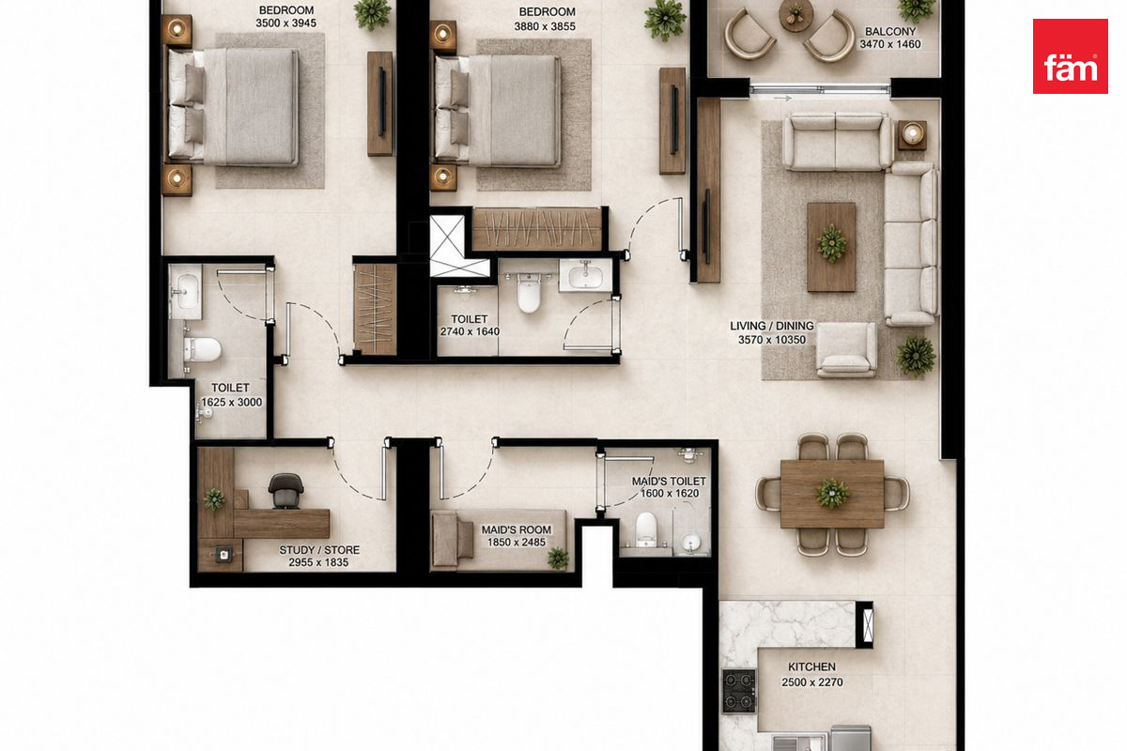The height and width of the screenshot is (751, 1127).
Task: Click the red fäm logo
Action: pyautogui.click(x=1070, y=56)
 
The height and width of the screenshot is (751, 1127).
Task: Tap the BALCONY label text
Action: pyautogui.click(x=890, y=31)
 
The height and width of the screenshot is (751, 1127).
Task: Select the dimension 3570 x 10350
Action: pyautogui.click(x=772, y=340)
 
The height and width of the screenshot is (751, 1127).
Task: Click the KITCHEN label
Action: pyautogui.click(x=811, y=667)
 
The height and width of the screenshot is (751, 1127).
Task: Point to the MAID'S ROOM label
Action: pyautogui.click(x=517, y=529)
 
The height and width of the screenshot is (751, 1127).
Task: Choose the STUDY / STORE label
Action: pyautogui.click(x=319, y=550)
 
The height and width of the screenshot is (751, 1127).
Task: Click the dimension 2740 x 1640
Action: pyautogui.click(x=470, y=331)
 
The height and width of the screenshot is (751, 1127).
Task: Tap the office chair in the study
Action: pyautogui.click(x=286, y=490)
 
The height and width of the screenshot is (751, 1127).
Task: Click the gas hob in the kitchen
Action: pyautogui.click(x=738, y=690)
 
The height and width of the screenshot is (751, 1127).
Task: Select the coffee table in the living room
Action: pyautogui.click(x=831, y=247)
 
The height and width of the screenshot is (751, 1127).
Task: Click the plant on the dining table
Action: pyautogui.click(x=832, y=494)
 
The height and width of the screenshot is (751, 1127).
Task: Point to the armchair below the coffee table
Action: pyautogui.click(x=846, y=349)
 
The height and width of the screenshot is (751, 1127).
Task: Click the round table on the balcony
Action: pyautogui.click(x=796, y=15)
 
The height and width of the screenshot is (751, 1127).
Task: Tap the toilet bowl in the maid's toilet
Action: pyautogui.click(x=645, y=529)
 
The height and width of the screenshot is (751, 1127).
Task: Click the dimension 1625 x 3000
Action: pyautogui.click(x=231, y=402)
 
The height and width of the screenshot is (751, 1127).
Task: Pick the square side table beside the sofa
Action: pyautogui.click(x=912, y=135)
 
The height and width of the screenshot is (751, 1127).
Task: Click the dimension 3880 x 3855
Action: pyautogui.click(x=545, y=26)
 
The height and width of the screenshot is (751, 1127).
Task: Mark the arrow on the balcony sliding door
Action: pyautogui.click(x=782, y=99)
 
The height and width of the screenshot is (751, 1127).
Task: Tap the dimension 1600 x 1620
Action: pyautogui.click(x=669, y=494)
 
